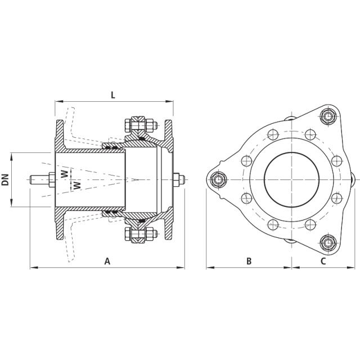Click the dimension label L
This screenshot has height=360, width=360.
(x=112, y=95)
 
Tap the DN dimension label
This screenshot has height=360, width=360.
(x=6, y=179)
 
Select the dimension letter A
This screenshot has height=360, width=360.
(x=107, y=260)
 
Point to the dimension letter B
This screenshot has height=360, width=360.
(x=249, y=260)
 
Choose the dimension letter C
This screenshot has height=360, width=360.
(x=323, y=260)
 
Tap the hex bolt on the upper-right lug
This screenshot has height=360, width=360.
(x=327, y=116)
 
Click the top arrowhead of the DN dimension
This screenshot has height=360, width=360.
(x=13, y=154)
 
